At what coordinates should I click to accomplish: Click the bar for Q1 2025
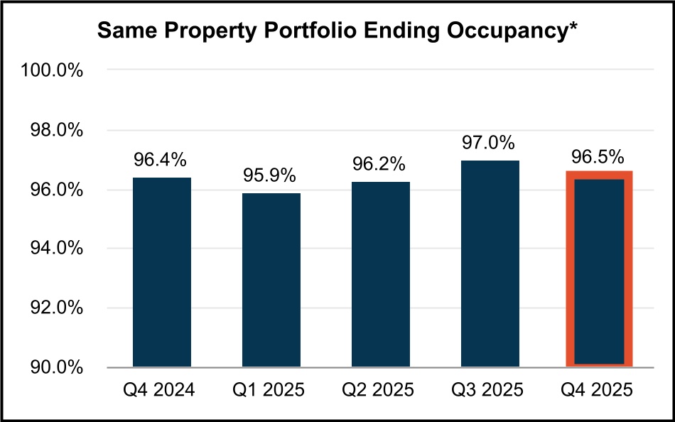tap(271, 280)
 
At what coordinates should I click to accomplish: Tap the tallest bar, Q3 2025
tap(490, 264)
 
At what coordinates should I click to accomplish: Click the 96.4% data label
tap(162, 161)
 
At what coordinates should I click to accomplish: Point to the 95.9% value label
tap(270, 176)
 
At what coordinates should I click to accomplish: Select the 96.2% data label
tap(379, 165)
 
